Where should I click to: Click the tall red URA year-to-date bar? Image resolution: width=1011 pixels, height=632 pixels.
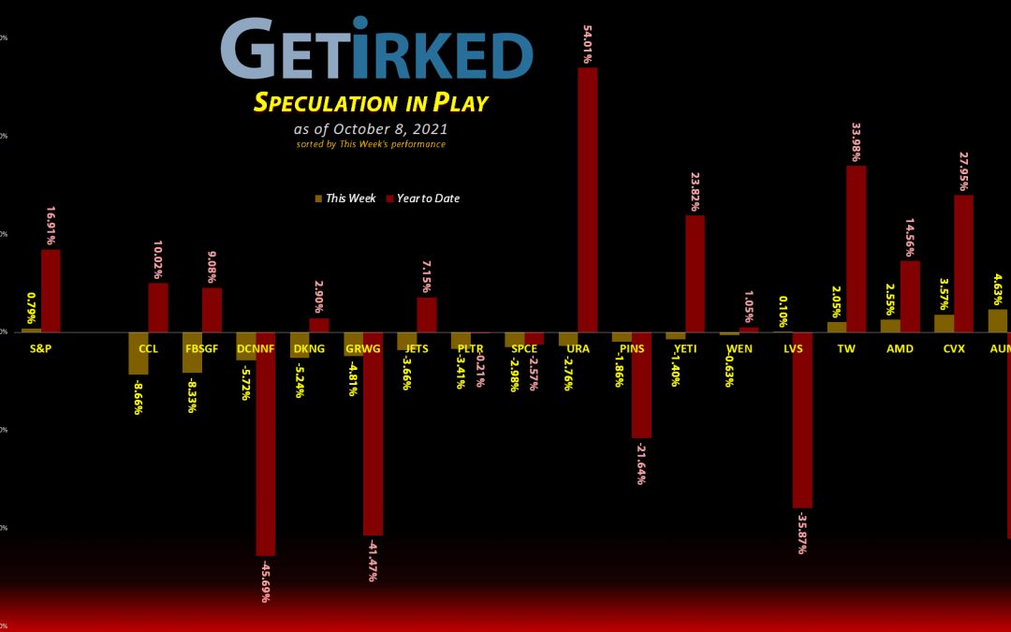pos(587,199)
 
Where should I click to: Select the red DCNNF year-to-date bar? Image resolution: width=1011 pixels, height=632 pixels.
pos(265,444)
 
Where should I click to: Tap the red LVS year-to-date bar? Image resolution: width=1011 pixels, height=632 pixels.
pos(802,419)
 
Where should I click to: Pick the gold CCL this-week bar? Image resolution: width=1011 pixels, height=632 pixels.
pos(138,353)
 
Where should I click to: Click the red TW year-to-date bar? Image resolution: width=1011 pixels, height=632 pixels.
pos(856,248)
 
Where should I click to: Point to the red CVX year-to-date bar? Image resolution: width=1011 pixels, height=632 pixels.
pos(963,263)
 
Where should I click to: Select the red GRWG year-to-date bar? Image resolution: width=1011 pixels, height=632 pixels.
pos(373,434)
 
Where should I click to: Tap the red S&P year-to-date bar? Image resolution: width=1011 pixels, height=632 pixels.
pos(51,290)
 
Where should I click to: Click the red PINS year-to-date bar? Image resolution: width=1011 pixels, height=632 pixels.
pos(641,385)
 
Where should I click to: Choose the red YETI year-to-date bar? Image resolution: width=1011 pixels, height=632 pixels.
pos(695,273)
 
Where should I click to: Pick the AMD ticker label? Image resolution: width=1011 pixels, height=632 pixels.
pos(899,349)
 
